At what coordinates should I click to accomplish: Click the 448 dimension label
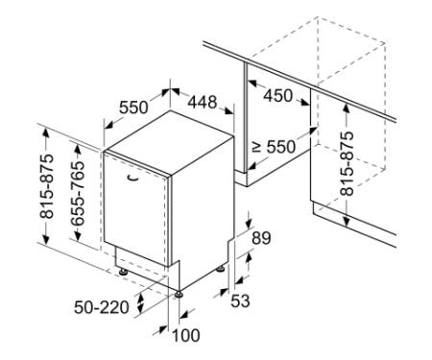tap(203, 103)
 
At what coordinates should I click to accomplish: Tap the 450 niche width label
tap(277, 95)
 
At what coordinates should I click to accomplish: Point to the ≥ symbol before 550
tap(256, 147)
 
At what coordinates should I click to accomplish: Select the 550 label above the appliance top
tap(133, 108)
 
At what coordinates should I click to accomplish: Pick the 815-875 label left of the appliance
tap(47, 186)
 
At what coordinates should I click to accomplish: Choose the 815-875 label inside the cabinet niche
tap(347, 163)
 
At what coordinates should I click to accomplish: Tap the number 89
tap(261, 238)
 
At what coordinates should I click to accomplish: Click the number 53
tap(240, 300)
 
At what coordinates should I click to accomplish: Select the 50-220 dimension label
tap(102, 308)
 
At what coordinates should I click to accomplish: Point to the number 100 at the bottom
tap(186, 336)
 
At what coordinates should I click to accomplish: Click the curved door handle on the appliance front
tap(132, 179)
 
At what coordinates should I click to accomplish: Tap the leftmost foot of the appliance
tap(123, 272)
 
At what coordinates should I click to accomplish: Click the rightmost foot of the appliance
tap(220, 269)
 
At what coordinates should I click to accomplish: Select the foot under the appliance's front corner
tap(179, 294)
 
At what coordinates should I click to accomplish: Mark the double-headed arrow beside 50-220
tap(140, 303)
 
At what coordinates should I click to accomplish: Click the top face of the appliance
tap(170, 142)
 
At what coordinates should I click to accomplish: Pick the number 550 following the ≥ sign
tap(281, 147)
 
